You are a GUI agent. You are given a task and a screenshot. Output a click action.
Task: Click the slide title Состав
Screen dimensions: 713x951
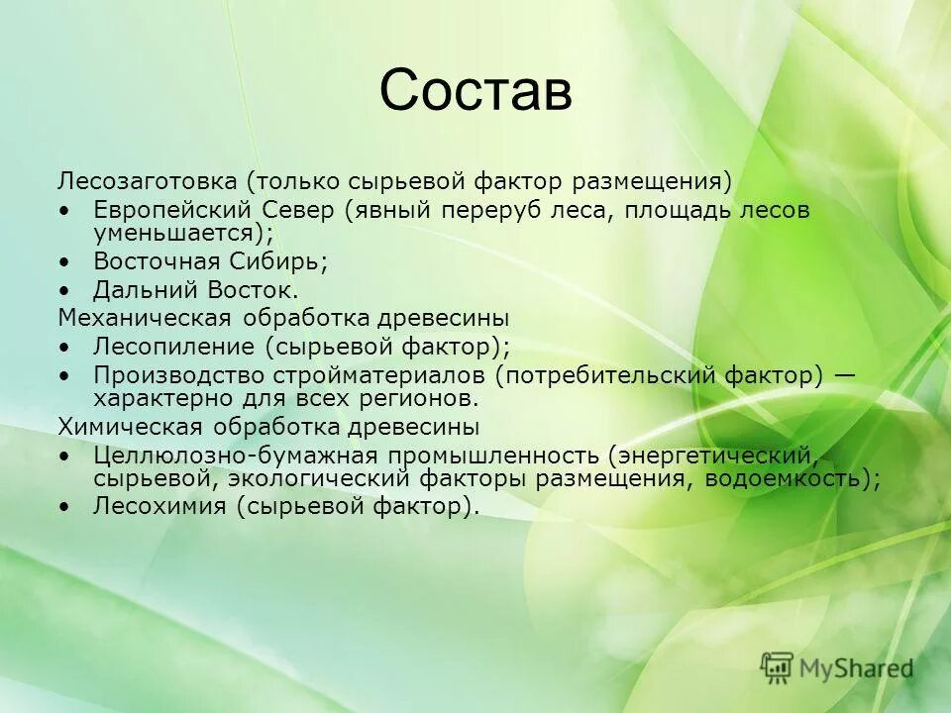(x=475, y=90)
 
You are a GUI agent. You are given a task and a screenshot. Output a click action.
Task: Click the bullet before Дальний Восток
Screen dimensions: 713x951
(x=65, y=291)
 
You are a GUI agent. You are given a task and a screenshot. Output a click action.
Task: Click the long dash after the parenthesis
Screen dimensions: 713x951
(x=845, y=375)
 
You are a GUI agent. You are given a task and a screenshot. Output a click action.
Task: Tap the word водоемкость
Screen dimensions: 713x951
(x=791, y=478)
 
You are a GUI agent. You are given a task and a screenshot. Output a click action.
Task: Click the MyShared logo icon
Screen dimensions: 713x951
(x=778, y=667)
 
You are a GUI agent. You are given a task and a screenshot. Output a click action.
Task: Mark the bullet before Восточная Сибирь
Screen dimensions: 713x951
(x=65, y=262)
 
